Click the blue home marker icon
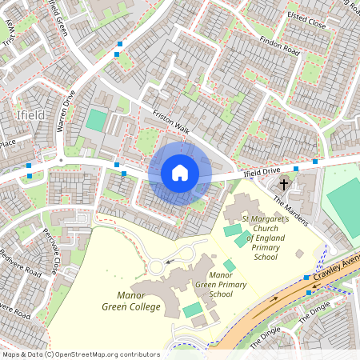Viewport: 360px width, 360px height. tap(180, 172)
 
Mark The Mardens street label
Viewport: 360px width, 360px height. tap(290, 210)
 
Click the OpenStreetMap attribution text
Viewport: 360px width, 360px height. tap(80, 354)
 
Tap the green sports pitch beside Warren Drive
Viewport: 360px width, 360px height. tap(96, 121)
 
